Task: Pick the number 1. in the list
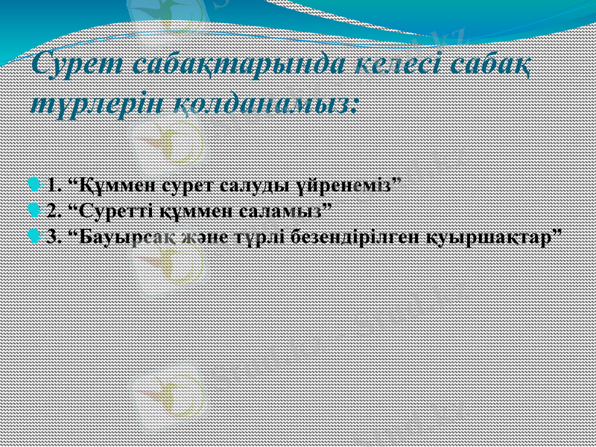point(53,184)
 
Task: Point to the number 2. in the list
point(53,210)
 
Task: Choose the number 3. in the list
point(53,236)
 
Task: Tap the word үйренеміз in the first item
point(351,184)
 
